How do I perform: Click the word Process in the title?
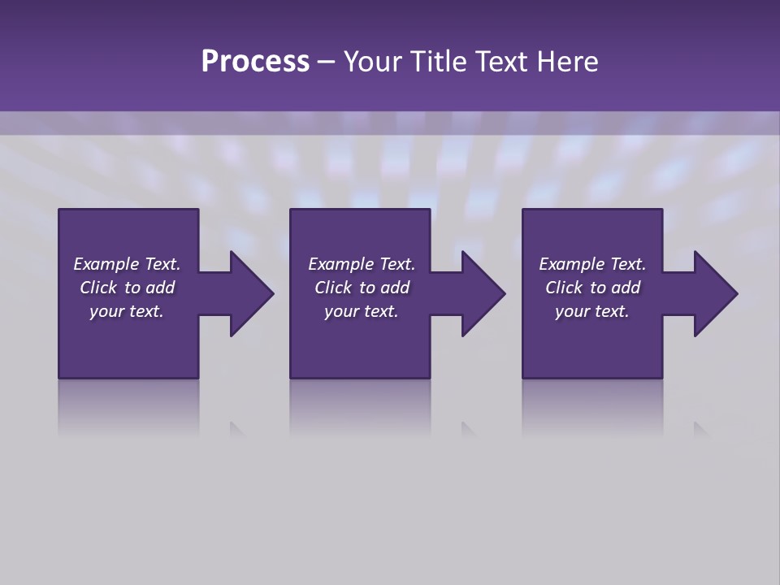(255, 62)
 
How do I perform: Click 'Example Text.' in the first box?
(127, 264)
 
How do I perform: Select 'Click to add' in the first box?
(127, 288)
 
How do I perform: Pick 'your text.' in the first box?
(127, 311)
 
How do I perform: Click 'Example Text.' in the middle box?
(362, 264)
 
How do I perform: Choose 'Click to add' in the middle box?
(362, 288)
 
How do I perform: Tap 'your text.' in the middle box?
(362, 311)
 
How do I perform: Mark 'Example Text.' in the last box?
(592, 264)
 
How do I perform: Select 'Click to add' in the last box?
(592, 288)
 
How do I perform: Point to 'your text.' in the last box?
(592, 311)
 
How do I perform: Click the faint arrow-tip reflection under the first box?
(236, 428)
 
